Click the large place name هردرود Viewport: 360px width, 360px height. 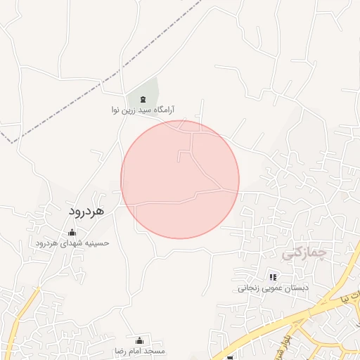tap(86, 210)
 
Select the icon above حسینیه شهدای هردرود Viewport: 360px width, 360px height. tap(71, 233)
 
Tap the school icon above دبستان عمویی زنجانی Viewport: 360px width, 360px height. tap(273, 278)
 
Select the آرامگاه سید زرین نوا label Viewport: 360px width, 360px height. tap(143, 110)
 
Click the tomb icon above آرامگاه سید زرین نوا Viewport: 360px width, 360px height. tap(143, 99)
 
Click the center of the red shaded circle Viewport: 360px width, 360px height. tap(180, 180)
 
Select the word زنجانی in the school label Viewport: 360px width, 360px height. tap(250, 288)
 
